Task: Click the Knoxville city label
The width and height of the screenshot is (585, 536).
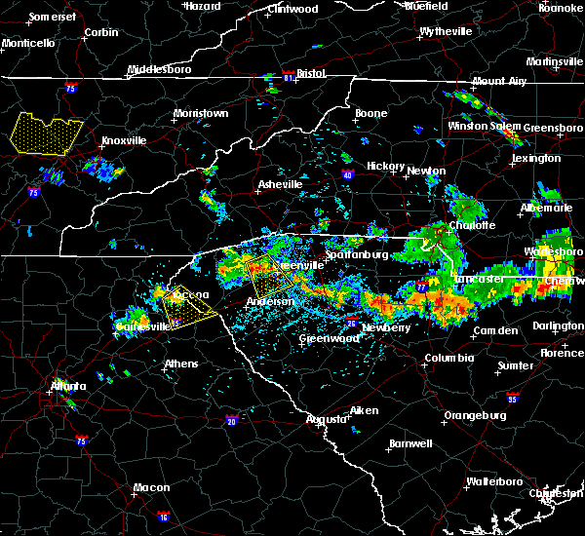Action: coord(124,140)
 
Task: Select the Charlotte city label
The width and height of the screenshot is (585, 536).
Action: coord(474,225)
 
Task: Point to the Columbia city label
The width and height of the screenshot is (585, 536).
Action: coord(448,358)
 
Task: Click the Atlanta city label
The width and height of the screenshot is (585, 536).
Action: coord(67,386)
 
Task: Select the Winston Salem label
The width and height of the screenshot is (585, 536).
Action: coord(484,127)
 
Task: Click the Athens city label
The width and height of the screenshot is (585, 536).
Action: coord(180,364)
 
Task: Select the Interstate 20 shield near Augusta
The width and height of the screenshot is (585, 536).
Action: coord(231,420)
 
